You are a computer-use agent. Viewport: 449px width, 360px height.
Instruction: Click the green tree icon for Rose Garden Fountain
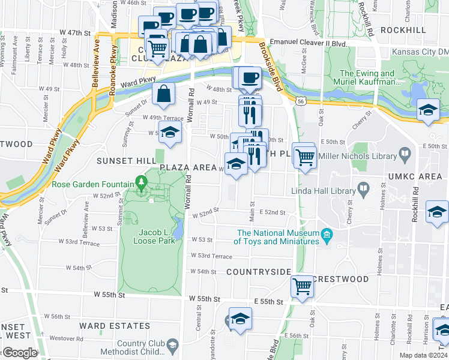[141, 181]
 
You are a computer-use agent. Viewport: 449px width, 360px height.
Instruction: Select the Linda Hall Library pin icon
[364, 190]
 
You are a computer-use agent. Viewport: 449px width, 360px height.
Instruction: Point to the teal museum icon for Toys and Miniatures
[327, 233]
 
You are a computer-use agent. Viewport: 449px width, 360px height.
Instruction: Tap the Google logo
[19, 353]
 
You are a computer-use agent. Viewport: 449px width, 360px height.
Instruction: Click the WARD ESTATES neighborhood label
[122, 326]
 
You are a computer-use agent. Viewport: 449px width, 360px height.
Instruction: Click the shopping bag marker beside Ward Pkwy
[164, 94]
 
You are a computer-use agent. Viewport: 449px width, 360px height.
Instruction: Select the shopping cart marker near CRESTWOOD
[302, 286]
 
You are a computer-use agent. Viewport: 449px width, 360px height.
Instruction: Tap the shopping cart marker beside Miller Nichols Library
[305, 157]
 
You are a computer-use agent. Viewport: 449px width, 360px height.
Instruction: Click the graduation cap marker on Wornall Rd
[170, 133]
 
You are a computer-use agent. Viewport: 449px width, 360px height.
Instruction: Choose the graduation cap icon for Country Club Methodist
[173, 346]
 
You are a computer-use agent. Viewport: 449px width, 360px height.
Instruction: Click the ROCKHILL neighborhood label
[403, 30]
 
